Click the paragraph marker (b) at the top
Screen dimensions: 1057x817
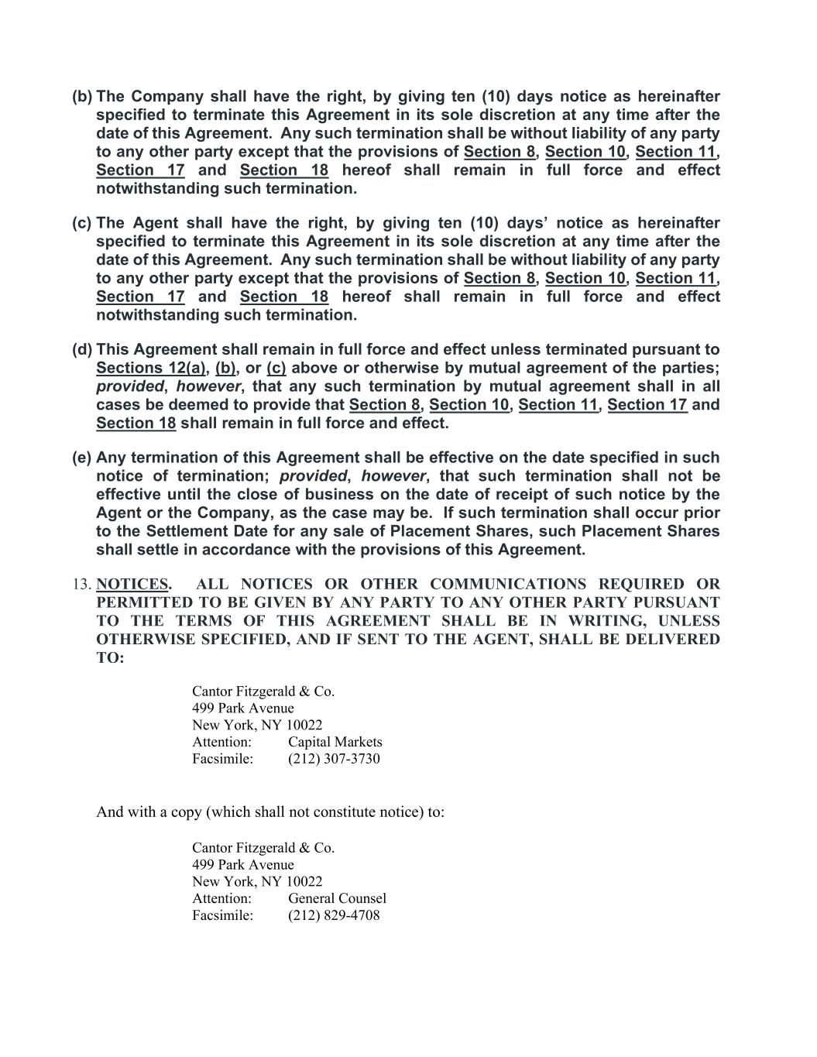pyautogui.click(x=82, y=97)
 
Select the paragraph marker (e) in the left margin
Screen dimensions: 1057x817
pyautogui.click(x=82, y=458)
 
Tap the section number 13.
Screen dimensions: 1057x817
pyautogui.click(x=82, y=585)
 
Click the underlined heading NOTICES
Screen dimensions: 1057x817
pyautogui.click(x=132, y=585)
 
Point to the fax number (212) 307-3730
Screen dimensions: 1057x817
pyautogui.click(x=334, y=759)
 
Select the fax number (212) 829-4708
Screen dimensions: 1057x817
pyautogui.click(x=334, y=915)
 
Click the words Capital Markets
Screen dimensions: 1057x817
pyautogui.click(x=335, y=742)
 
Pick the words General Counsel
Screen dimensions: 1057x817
pyautogui.click(x=337, y=898)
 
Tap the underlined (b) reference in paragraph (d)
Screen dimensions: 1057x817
pyautogui.click(x=225, y=369)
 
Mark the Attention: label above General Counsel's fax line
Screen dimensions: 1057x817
pyautogui.click(x=221, y=898)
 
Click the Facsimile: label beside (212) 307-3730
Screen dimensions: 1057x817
pyautogui.click(x=222, y=759)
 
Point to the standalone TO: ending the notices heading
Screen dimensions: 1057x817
pyautogui.click(x=110, y=658)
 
